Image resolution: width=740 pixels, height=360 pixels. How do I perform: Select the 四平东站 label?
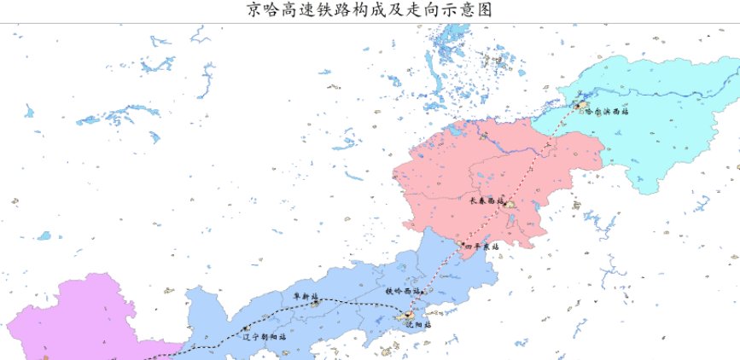[x=481, y=246]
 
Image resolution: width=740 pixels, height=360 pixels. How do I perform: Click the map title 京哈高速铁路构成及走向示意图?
[x=370, y=10]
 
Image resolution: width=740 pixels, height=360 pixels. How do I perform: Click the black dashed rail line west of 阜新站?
[x=213, y=344]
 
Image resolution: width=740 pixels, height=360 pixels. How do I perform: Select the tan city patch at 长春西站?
[x=510, y=205]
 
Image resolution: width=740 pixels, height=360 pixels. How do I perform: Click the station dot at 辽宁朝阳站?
[x=245, y=328]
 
